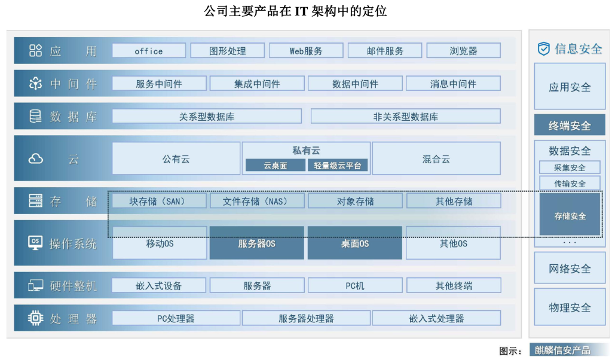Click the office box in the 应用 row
149,51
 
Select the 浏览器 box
463,51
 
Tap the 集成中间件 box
257,84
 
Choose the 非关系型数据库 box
406,117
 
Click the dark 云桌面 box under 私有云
275,166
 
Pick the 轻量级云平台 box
338,166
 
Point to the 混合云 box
436,158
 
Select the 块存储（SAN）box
159,201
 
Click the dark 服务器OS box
257,243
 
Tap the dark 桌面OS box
355,243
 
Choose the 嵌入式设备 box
159,285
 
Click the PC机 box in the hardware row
355,285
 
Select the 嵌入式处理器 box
436,318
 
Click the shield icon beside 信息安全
544,49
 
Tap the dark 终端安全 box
570,126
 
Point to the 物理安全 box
570,307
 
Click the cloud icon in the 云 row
35,158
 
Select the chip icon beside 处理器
35,318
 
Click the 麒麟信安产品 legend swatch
570,350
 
